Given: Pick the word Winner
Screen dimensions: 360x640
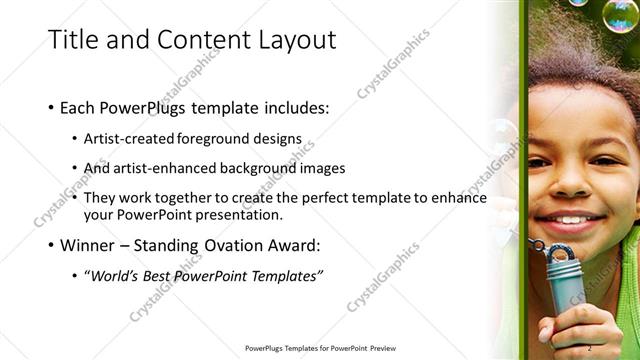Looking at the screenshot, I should point(91,244).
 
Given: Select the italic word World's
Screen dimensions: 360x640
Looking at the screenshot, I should point(118,275).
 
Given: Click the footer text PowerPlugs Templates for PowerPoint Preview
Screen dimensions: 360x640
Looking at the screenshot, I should point(321,348).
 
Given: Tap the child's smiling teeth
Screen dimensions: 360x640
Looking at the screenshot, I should point(572,219).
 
